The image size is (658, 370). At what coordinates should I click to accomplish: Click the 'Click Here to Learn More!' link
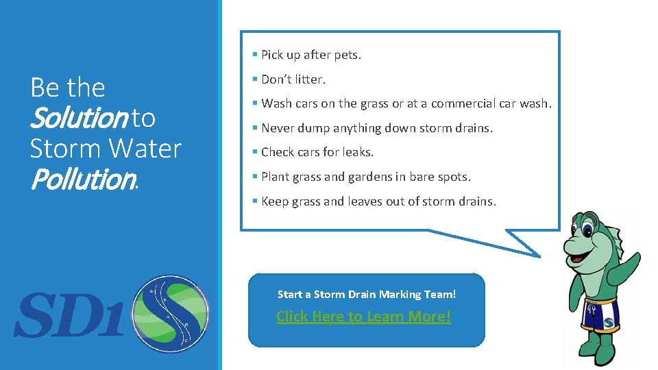(x=363, y=317)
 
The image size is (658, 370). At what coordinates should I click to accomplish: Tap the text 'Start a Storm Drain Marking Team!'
(x=366, y=294)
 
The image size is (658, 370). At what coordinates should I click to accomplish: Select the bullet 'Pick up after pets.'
(x=310, y=55)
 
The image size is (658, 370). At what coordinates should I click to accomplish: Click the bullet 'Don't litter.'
(x=293, y=79)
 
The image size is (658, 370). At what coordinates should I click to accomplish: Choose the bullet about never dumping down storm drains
(x=376, y=128)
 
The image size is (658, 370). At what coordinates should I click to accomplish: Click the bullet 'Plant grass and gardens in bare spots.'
(x=365, y=177)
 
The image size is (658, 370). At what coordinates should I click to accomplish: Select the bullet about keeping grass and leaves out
(x=378, y=201)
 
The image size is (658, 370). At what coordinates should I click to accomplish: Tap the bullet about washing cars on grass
(x=406, y=103)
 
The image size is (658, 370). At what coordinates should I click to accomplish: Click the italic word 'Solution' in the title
(x=78, y=119)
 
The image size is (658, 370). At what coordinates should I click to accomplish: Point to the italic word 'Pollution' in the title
(x=82, y=180)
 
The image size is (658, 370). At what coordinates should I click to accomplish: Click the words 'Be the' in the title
(x=68, y=88)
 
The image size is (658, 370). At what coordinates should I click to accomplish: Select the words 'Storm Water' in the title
(x=106, y=149)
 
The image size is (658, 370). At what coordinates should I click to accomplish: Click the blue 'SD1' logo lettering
(x=69, y=315)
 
